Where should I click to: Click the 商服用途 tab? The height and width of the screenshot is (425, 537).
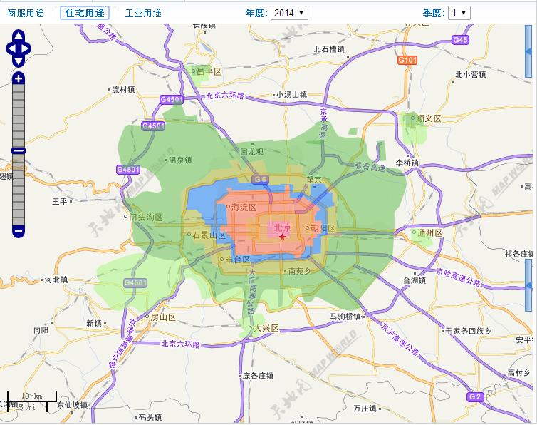pos(26,13)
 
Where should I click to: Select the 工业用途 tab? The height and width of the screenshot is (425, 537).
pos(143,13)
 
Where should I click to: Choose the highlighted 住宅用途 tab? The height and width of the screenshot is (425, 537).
pos(85,13)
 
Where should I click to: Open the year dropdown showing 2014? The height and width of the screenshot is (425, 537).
pos(290,13)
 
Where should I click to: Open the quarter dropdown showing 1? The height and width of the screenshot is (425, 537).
pos(459,13)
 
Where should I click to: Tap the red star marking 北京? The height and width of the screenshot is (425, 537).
pos(282,237)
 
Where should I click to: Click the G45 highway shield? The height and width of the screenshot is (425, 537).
pos(460,41)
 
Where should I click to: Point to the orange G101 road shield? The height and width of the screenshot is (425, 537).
pos(407,61)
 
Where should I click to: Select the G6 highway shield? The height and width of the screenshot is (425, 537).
pos(261,180)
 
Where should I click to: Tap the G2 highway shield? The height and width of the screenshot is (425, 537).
pos(475,396)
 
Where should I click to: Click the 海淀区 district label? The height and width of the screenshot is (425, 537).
pos(244,208)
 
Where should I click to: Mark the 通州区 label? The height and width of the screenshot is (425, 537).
pos(430,233)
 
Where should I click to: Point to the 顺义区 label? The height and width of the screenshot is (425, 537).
pos(429,118)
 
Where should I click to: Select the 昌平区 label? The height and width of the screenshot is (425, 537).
pos(209,72)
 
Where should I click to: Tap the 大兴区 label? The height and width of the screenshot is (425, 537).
pos(265,329)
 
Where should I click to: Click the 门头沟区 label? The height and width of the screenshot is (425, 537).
pos(146,217)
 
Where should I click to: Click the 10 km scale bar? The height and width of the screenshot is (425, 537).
pos(31,400)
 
